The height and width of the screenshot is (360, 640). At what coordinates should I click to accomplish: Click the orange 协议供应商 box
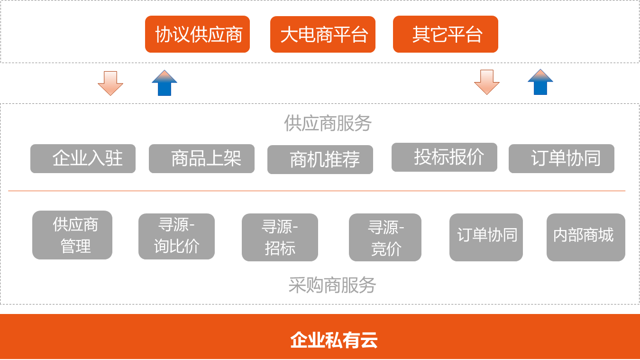pos(197,34)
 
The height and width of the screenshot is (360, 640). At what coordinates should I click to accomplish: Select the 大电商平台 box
pos(323,34)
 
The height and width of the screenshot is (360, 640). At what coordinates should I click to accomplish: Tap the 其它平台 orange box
pos(446,34)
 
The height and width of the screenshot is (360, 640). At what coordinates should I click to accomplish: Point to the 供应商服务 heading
pos(328,123)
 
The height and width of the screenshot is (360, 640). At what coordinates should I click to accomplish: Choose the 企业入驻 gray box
pos(83,159)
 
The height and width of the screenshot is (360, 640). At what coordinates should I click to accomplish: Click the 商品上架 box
pos(201,159)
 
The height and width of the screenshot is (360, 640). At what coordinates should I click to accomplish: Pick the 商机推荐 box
pos(320,159)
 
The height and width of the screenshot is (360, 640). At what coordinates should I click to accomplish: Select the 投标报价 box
pos(444,157)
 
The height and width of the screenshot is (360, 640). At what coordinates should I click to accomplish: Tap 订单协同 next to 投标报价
pos(561,159)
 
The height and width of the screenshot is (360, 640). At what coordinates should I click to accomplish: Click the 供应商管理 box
pos(72,235)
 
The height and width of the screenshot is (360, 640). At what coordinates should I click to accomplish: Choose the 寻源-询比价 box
pos(176,237)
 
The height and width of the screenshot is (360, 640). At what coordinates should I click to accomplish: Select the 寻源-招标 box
pos(280,237)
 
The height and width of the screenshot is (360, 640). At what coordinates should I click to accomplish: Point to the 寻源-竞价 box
pos(385,237)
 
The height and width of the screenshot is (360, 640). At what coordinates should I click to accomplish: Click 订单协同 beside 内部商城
pos(486,237)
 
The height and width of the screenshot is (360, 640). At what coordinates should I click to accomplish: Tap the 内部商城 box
pos(586,237)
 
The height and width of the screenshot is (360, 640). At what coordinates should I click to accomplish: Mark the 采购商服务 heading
pos(332,285)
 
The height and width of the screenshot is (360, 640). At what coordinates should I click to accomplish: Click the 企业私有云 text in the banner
pos(334,340)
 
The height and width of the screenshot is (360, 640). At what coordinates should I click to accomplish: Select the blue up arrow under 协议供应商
pos(165,83)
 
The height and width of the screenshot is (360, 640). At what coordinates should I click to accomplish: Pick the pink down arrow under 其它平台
pos(487,83)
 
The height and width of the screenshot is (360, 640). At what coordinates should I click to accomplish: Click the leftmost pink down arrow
pos(110,83)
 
